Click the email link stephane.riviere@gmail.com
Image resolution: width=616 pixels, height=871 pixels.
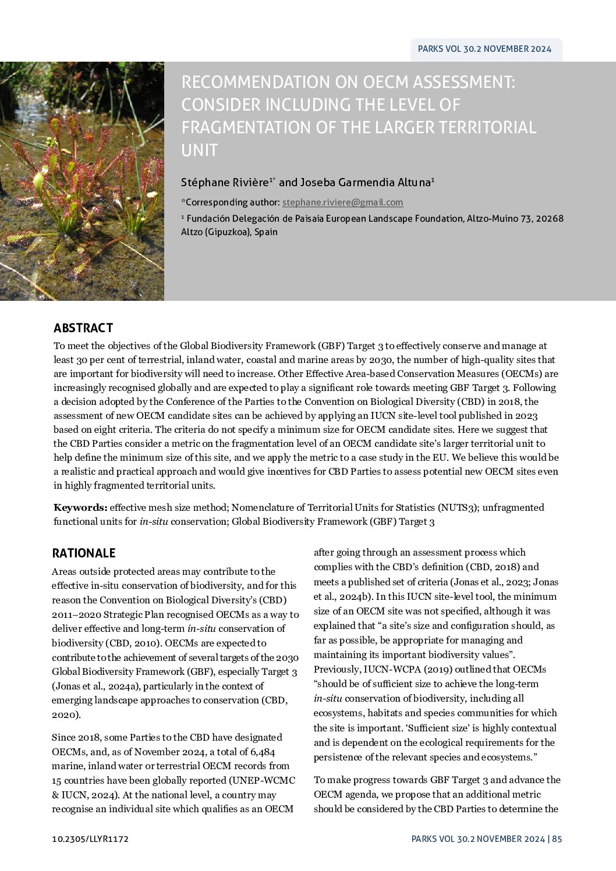[342, 202]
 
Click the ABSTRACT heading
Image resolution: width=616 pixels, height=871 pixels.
[83, 328]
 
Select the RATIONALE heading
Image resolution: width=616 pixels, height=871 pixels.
[84, 553]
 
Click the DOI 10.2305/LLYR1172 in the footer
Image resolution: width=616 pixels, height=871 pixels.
[90, 839]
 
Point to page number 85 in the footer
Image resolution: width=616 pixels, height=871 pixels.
[557, 839]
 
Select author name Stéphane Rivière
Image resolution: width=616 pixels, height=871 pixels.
[225, 183]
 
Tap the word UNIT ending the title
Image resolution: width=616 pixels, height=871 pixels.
[199, 150]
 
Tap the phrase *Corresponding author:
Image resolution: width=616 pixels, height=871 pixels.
[230, 202]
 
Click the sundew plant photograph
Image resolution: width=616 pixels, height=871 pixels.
[82, 181]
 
